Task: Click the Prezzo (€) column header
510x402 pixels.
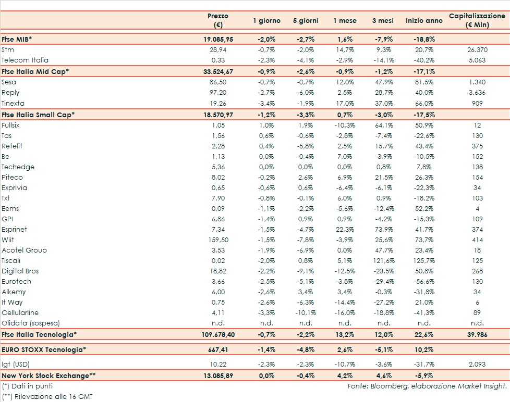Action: tap(217, 20)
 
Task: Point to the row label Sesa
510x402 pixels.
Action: tap(9, 82)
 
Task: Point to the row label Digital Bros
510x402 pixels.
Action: tap(20, 271)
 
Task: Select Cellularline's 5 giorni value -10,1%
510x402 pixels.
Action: tap(305, 312)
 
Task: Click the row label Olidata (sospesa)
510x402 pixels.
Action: tap(31, 323)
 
